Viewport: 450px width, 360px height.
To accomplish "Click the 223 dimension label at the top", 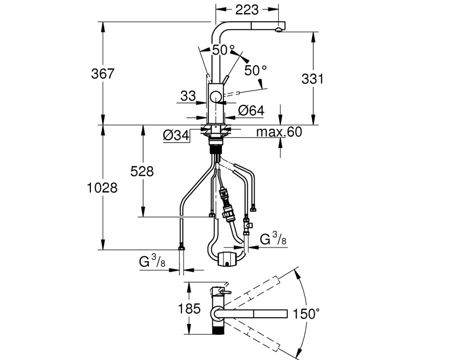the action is click(x=247, y=10).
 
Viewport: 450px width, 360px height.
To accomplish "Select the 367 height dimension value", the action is click(x=103, y=74).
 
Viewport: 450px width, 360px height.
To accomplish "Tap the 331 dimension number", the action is click(x=313, y=79).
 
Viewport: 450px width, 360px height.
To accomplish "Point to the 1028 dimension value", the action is click(x=102, y=188).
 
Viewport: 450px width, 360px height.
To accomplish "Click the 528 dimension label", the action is click(x=142, y=171).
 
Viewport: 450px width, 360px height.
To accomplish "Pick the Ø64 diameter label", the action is click(x=251, y=111).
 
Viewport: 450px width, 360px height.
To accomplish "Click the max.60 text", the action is click(x=279, y=132).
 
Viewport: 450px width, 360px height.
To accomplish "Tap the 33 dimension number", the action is click(x=188, y=96).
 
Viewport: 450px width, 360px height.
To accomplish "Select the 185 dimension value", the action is click(x=189, y=309).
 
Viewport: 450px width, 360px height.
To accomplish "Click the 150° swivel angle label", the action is click(x=306, y=314).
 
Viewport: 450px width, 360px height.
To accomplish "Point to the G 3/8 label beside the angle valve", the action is click(x=273, y=238).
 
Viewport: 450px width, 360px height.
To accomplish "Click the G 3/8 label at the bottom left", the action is click(x=153, y=262).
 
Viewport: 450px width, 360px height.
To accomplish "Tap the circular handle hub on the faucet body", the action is click(x=216, y=97).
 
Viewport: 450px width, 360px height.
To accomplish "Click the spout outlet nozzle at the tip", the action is click(x=279, y=30).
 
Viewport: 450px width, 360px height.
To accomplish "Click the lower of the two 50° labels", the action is click(x=256, y=70).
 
